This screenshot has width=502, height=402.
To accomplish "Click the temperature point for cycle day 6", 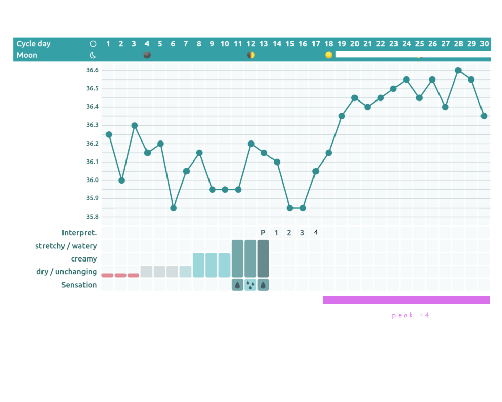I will click(173, 208).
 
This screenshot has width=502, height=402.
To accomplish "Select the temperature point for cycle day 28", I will click(458, 70).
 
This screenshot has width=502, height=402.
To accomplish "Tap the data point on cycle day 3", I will click(134, 125).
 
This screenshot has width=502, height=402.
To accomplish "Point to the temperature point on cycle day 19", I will click(342, 116).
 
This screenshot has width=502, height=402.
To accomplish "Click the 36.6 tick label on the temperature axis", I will click(93, 70).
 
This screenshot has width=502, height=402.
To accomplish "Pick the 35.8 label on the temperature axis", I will click(93, 217).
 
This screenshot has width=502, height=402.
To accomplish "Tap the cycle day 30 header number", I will click(484, 44).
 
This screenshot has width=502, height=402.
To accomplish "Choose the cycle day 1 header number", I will click(108, 44).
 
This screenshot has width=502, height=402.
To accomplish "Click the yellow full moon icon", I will click(329, 55).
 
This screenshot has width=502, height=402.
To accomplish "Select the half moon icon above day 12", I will click(251, 55).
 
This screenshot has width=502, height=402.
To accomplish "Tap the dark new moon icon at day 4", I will click(147, 55).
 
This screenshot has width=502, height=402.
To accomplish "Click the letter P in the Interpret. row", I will click(263, 233).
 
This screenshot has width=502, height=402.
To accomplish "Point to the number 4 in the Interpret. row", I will click(316, 232).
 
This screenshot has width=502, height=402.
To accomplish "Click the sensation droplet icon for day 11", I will click(238, 285).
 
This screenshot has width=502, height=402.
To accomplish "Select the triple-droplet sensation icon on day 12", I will click(250, 285).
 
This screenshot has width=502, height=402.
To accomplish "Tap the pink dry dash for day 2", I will click(121, 275).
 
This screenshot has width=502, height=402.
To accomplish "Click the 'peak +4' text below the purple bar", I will click(411, 315).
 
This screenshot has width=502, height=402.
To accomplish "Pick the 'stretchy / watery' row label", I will click(66, 246).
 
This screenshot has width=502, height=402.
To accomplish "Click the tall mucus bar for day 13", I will click(263, 258).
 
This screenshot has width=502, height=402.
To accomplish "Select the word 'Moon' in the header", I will click(27, 55).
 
